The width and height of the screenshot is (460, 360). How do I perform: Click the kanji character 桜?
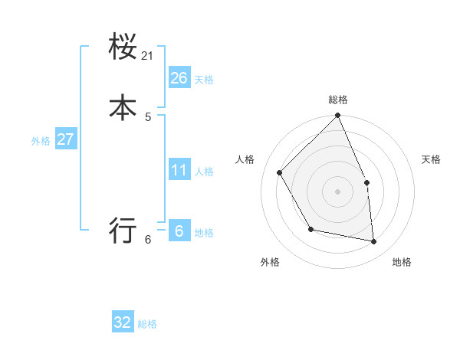coord(123,47)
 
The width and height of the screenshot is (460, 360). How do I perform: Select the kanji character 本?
coord(123,108)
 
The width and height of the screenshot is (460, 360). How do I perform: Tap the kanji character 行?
coord(123,230)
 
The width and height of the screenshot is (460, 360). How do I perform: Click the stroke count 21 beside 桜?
coord(148,56)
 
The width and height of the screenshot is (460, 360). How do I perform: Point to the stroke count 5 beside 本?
coord(148,117)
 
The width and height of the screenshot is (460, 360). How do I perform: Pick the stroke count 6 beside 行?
coord(148,240)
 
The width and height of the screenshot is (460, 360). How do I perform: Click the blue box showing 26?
coord(179,77)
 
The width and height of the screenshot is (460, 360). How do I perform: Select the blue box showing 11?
coord(179,169)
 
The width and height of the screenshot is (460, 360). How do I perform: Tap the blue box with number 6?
coord(179,231)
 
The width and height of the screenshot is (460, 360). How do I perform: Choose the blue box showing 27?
coord(65,139)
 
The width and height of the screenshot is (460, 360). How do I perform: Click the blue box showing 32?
coord(123,322)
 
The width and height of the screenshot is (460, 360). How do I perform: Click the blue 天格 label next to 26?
coord(204,80)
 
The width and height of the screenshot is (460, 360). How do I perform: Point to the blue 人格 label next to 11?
coord(204,172)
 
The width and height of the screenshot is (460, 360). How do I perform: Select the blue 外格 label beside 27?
coord(41,141)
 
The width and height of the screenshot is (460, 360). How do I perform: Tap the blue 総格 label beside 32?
coord(147,325)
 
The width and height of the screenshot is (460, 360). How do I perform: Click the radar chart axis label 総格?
coord(338,100)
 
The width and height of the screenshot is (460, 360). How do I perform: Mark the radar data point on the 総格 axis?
coord(338,116)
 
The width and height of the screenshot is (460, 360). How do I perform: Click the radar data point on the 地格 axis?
coord(374,242)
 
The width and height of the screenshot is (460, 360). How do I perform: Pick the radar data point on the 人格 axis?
coord(280,172)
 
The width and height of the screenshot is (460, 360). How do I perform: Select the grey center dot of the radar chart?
coord(338,191)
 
